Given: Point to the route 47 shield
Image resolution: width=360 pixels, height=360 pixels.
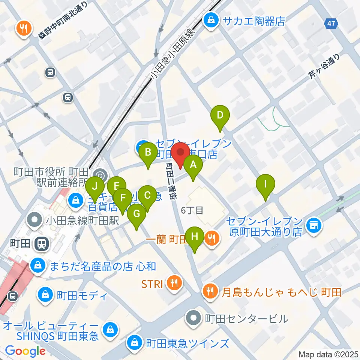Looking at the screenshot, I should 331,24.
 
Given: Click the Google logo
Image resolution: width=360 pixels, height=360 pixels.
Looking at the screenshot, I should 25,351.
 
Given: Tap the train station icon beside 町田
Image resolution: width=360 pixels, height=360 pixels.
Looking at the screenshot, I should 40,245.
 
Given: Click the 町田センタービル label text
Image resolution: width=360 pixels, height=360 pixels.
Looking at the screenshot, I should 246,319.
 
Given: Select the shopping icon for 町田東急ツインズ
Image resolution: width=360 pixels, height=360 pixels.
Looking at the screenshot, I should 134,342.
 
